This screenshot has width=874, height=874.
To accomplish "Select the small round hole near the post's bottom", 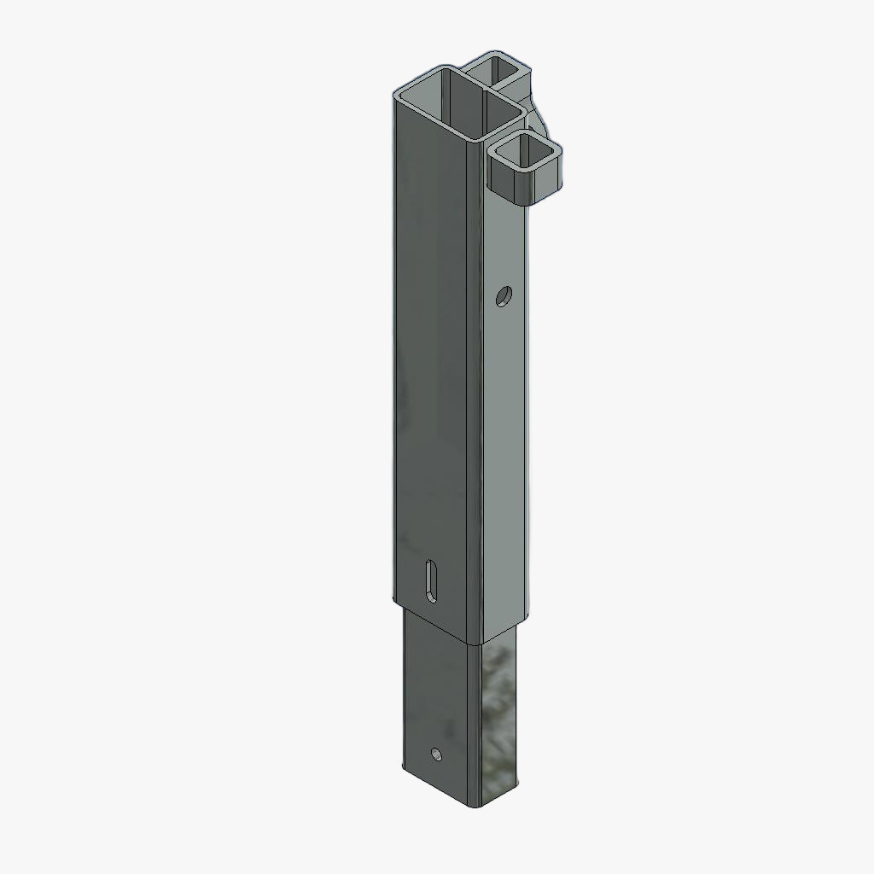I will (436, 754).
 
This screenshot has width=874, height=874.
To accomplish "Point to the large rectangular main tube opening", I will (457, 101).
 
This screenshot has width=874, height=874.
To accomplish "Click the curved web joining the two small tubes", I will (539, 111).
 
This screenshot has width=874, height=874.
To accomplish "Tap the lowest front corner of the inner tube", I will (475, 805).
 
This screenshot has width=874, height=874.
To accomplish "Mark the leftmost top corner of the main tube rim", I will (394, 96).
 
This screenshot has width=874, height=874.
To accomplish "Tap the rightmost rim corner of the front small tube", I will (563, 151).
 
